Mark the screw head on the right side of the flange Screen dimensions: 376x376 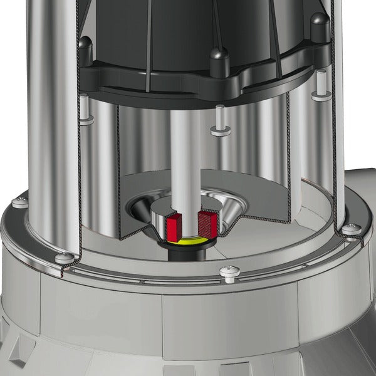(349, 229)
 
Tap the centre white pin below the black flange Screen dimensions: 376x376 (219, 122)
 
